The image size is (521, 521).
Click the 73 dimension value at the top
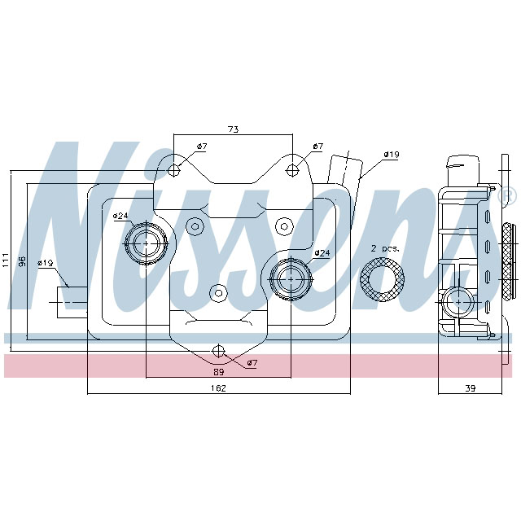coord(232,129)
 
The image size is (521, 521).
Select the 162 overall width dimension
coord(217,388)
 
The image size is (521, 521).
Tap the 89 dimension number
coord(217,371)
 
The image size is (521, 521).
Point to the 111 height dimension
coord(6,260)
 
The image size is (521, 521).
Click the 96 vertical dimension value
coord(23,261)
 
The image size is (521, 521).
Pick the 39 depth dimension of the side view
coord(470,388)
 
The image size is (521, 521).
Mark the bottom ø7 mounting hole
coord(217,351)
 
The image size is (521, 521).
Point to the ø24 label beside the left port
coord(120,215)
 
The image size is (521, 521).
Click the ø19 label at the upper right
coord(391,154)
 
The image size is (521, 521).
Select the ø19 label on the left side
coord(45,263)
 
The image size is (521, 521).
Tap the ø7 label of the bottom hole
coord(251,362)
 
